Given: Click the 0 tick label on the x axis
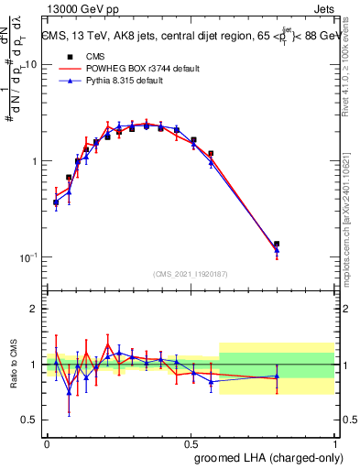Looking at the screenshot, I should tap(47, 442).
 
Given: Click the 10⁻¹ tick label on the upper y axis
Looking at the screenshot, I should tap(28, 257).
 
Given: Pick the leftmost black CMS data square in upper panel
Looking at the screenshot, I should tap(56, 202).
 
